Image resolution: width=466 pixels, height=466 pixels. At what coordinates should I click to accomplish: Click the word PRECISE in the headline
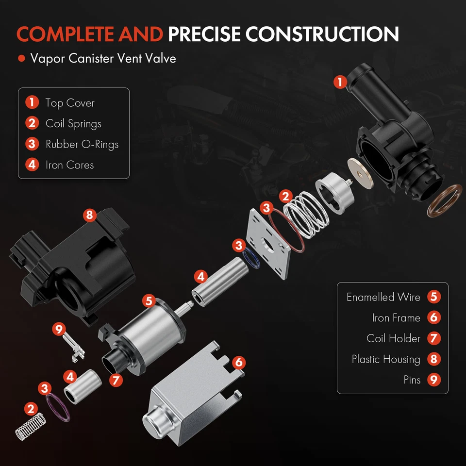point(204,34)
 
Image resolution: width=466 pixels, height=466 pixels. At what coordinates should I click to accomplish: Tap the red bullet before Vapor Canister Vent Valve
point(21,59)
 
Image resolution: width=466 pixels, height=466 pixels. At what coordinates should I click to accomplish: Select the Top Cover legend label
point(70,103)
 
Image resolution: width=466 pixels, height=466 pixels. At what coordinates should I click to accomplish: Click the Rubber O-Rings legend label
point(82,144)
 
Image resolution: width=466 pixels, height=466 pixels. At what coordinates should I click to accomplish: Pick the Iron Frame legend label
point(396,318)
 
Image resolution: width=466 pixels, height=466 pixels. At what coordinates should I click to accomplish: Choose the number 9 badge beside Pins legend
point(434,380)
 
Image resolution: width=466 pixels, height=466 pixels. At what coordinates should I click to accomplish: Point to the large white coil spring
point(303,213)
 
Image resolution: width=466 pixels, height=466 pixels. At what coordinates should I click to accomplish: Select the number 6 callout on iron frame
point(238,362)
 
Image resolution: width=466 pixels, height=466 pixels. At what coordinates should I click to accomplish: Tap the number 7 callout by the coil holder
point(116,380)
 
